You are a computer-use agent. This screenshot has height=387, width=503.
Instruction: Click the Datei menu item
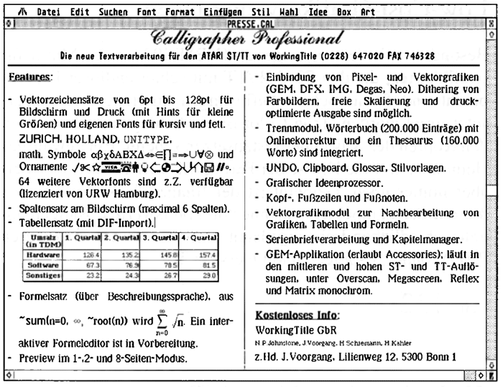pos(49,12)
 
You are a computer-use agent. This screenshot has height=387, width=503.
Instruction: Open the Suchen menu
pos(114,12)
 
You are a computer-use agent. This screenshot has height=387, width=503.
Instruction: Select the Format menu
pos(180,12)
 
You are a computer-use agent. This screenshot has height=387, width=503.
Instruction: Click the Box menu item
pos(344,12)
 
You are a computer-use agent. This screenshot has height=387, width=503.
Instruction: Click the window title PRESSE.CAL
pos(251,22)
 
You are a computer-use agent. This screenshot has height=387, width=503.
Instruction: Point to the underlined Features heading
pos(30,77)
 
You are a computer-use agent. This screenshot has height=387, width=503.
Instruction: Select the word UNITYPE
pos(149,138)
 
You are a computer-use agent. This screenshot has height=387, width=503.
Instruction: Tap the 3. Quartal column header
pos(158,238)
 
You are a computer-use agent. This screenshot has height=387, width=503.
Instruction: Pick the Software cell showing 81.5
pos(205,264)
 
